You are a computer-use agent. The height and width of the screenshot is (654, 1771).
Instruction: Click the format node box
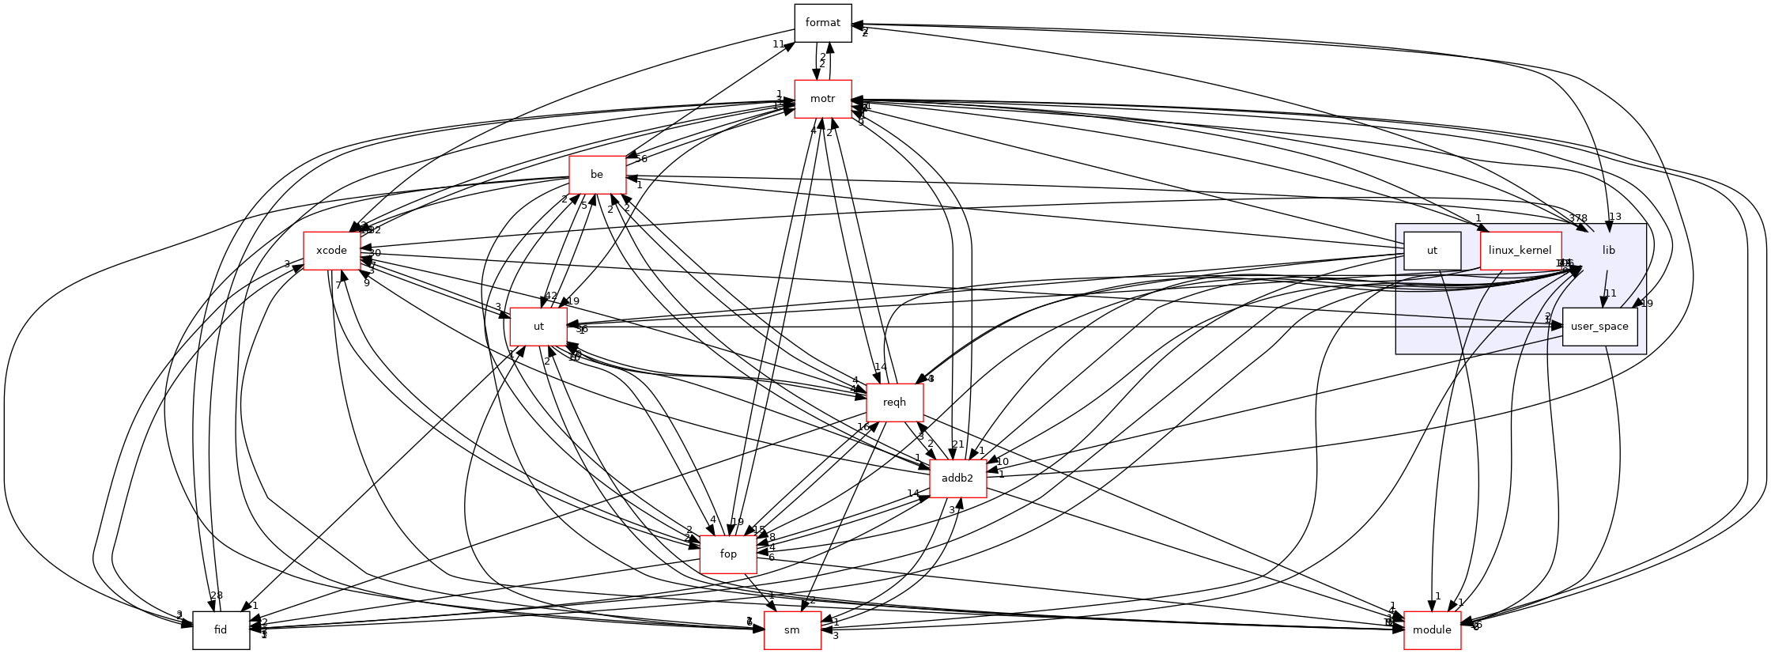(x=822, y=23)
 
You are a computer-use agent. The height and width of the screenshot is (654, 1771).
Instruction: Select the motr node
(x=823, y=99)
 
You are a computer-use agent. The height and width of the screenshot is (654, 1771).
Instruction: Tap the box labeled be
(x=597, y=175)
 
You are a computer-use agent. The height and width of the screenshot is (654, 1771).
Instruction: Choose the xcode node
(x=331, y=251)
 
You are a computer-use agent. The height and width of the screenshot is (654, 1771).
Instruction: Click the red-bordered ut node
(x=538, y=327)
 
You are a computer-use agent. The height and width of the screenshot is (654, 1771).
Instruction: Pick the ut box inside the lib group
(x=1432, y=251)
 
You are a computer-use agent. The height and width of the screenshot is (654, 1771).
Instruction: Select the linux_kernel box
(x=1520, y=251)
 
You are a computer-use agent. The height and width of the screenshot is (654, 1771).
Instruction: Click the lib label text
(x=1608, y=251)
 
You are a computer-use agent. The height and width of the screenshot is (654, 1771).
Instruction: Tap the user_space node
(x=1599, y=327)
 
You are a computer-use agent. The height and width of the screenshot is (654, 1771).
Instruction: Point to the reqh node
(x=894, y=403)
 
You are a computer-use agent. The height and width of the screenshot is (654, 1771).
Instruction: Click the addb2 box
(x=958, y=478)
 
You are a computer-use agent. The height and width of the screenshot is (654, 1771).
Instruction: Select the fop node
(x=728, y=554)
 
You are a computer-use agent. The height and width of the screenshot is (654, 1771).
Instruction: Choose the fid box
(x=221, y=630)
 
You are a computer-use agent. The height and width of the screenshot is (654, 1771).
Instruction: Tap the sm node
(x=792, y=630)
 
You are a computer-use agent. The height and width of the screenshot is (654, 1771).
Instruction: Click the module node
(x=1432, y=630)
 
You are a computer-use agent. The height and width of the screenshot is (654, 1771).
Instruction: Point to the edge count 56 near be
(x=640, y=159)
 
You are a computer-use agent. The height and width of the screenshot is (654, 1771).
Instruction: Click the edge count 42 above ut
(x=551, y=296)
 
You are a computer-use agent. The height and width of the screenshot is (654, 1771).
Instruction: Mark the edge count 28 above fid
(x=217, y=595)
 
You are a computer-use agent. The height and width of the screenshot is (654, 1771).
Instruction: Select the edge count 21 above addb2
(x=958, y=444)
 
